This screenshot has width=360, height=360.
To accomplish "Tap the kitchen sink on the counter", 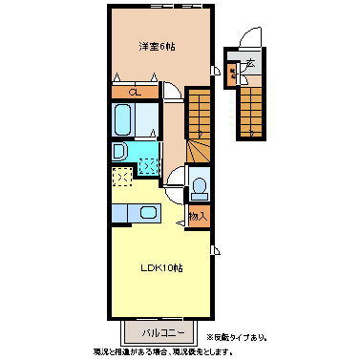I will [148, 213].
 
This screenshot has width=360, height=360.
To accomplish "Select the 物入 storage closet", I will [198, 217].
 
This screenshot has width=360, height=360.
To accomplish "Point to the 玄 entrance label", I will [250, 64].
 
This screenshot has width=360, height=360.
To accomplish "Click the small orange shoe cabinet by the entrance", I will [233, 71].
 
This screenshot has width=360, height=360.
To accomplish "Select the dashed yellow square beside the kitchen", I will [123, 178].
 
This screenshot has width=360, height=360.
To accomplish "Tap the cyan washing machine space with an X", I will [150, 163].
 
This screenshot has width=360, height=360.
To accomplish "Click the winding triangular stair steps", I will [199, 148].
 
